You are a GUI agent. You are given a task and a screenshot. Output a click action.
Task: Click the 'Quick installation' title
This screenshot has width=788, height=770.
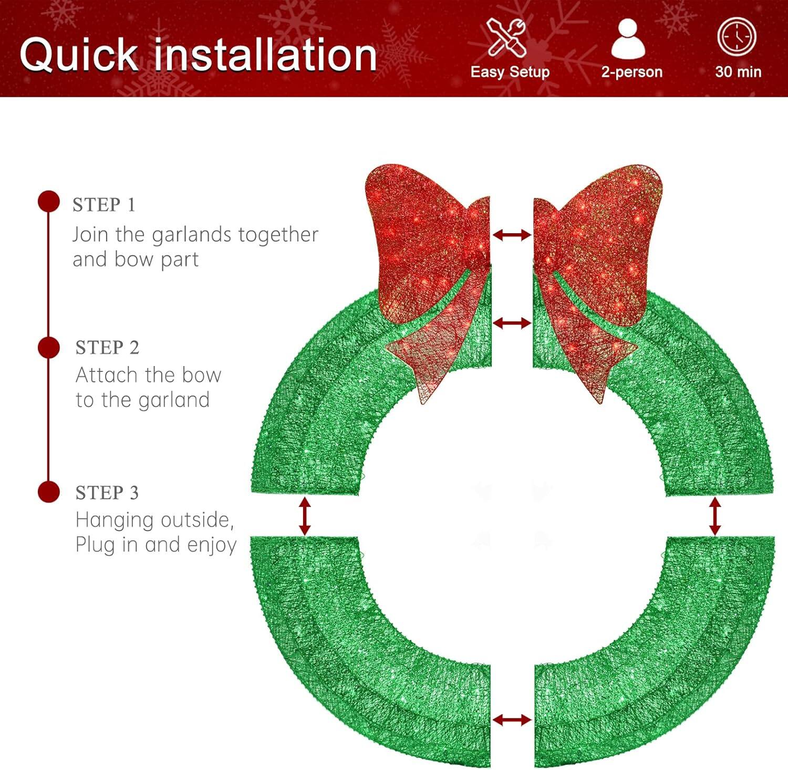(x=198, y=55)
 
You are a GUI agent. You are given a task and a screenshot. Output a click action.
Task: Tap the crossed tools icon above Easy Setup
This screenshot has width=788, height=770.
(x=506, y=37)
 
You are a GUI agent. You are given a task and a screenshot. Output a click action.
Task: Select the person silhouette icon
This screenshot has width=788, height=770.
(x=628, y=39)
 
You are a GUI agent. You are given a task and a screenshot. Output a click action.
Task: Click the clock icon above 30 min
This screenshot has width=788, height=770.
(x=737, y=36)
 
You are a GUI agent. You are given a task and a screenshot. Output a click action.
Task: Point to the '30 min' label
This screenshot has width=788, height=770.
(x=738, y=72)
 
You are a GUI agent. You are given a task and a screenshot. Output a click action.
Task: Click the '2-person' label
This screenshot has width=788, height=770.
(x=631, y=72)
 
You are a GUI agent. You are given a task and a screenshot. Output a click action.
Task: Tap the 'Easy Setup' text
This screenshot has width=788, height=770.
(x=510, y=72)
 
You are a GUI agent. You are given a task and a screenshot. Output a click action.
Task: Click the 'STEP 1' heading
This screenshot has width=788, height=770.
(x=104, y=205)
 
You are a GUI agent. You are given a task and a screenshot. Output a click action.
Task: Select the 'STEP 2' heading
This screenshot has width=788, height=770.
(x=107, y=348)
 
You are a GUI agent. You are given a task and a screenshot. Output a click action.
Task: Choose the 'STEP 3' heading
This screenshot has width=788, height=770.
(x=107, y=493)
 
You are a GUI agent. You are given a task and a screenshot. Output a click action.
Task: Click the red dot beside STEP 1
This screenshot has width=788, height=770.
(x=49, y=202)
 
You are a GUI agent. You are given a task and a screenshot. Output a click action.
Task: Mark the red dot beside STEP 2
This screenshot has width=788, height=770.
(x=49, y=348)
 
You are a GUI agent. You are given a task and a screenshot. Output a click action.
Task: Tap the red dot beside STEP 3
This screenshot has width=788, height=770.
(x=49, y=492)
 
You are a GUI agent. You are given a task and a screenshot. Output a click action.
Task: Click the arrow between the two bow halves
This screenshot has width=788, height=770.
(x=512, y=235)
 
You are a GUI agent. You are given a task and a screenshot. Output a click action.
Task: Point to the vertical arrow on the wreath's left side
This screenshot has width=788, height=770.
(x=305, y=516)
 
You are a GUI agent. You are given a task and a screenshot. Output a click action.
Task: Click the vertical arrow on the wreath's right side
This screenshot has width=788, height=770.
(x=714, y=516)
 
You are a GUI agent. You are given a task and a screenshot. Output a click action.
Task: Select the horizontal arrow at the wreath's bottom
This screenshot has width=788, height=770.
(x=512, y=720)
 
